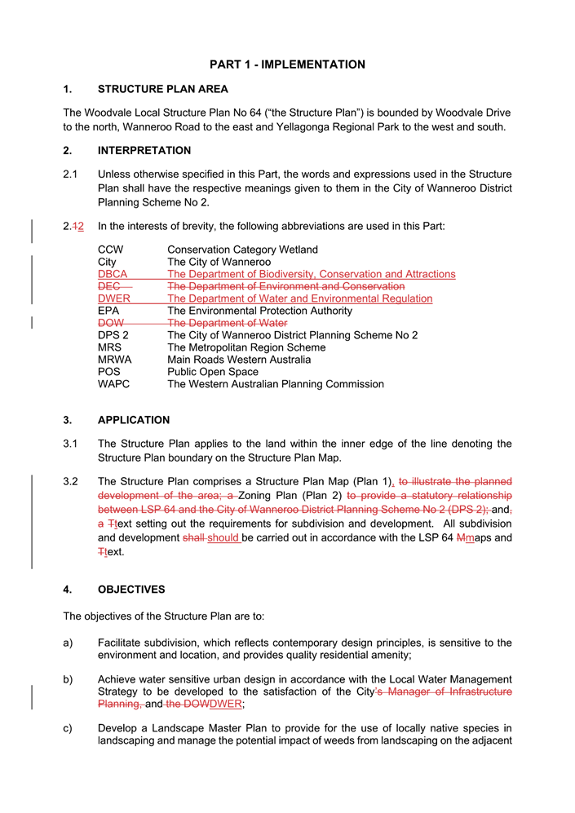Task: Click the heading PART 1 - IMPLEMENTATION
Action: pyautogui.click(x=287, y=64)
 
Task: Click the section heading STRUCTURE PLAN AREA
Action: pyautogui.click(x=162, y=89)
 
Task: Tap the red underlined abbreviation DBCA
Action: pyautogui.click(x=113, y=275)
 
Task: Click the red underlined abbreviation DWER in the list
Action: pyautogui.click(x=114, y=298)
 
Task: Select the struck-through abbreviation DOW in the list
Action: pyautogui.click(x=111, y=323)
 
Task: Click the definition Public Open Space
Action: pyautogui.click(x=212, y=372)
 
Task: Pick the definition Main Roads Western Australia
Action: pyautogui.click(x=238, y=360)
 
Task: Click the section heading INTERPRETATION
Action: pyautogui.click(x=144, y=151)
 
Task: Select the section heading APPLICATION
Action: pyautogui.click(x=134, y=421)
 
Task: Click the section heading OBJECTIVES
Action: pyautogui.click(x=131, y=590)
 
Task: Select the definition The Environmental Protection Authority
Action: pyautogui.click(x=259, y=311)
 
